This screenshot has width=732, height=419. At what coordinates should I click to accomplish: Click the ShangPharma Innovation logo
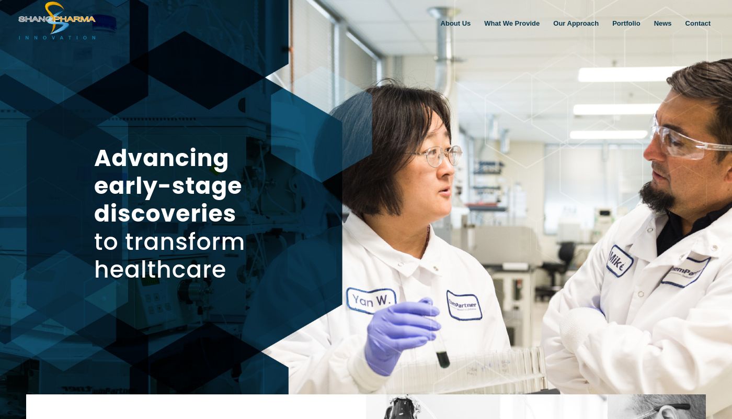[57, 21]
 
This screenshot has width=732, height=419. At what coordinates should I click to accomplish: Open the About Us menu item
[455, 24]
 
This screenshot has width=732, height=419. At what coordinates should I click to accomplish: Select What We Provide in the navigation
[512, 24]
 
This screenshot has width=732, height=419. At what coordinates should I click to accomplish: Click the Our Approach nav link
[576, 24]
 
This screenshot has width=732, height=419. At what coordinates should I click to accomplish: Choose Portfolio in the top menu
[626, 24]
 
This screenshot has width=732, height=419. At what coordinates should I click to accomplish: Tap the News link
[662, 24]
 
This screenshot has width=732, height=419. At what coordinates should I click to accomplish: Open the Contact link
[697, 24]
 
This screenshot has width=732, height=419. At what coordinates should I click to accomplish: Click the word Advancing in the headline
[162, 158]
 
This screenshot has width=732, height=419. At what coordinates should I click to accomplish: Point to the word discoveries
[165, 214]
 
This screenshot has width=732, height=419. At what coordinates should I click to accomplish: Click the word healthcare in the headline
[160, 270]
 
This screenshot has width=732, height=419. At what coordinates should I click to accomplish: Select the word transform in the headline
[185, 242]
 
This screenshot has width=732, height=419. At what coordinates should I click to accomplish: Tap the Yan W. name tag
[371, 301]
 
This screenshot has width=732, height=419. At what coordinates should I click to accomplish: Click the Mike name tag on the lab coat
[620, 261]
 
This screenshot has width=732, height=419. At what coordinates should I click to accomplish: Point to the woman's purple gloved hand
[397, 333]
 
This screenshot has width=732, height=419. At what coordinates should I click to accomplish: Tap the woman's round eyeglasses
[439, 156]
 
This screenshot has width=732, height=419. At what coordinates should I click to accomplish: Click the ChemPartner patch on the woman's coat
[464, 305]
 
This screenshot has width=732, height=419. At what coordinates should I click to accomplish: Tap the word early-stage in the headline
[168, 186]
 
